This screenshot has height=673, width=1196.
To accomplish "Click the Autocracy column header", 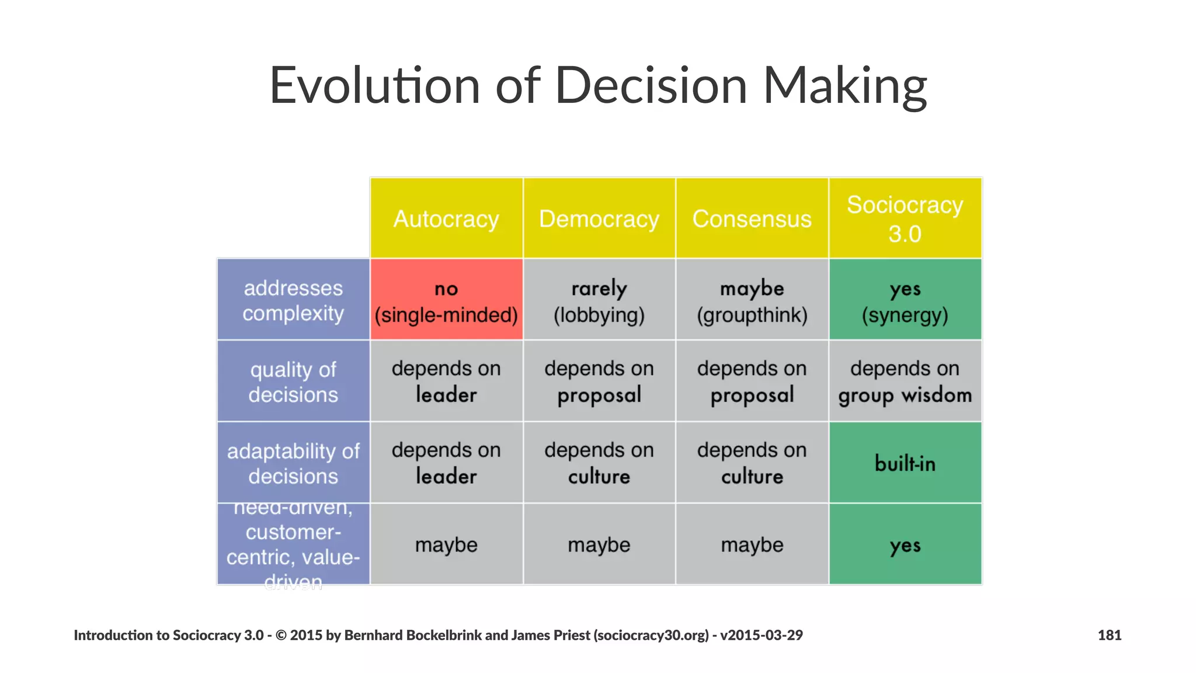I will [446, 218].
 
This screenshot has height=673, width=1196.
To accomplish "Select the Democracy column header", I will [599, 218].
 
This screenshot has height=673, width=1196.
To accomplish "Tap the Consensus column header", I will [752, 218].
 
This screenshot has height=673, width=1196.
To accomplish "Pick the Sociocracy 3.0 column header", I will [905, 218].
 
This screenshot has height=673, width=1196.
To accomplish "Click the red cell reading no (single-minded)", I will [446, 300].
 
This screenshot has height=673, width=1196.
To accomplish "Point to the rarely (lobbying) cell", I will [599, 300].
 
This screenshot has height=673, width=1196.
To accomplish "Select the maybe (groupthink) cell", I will [752, 300].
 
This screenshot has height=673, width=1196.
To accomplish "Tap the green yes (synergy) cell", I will [905, 300].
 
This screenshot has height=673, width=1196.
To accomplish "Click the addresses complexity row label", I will [293, 300].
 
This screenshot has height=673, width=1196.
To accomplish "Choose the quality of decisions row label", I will [293, 381].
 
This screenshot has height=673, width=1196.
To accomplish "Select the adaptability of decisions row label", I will [293, 463].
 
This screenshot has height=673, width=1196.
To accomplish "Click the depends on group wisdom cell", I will [905, 381].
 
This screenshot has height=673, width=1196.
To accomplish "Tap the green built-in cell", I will [905, 463].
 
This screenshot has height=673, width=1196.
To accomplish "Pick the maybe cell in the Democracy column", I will [599, 544].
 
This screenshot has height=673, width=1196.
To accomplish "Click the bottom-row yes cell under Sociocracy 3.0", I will [905, 544].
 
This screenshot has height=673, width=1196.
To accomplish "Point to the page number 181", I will [1109, 635].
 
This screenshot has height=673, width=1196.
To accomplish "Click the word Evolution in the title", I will [374, 85].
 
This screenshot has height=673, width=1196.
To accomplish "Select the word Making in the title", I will [845, 85].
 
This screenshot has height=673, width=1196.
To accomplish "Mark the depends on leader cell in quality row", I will [446, 381].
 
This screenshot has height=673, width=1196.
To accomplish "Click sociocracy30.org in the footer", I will [651, 635].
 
